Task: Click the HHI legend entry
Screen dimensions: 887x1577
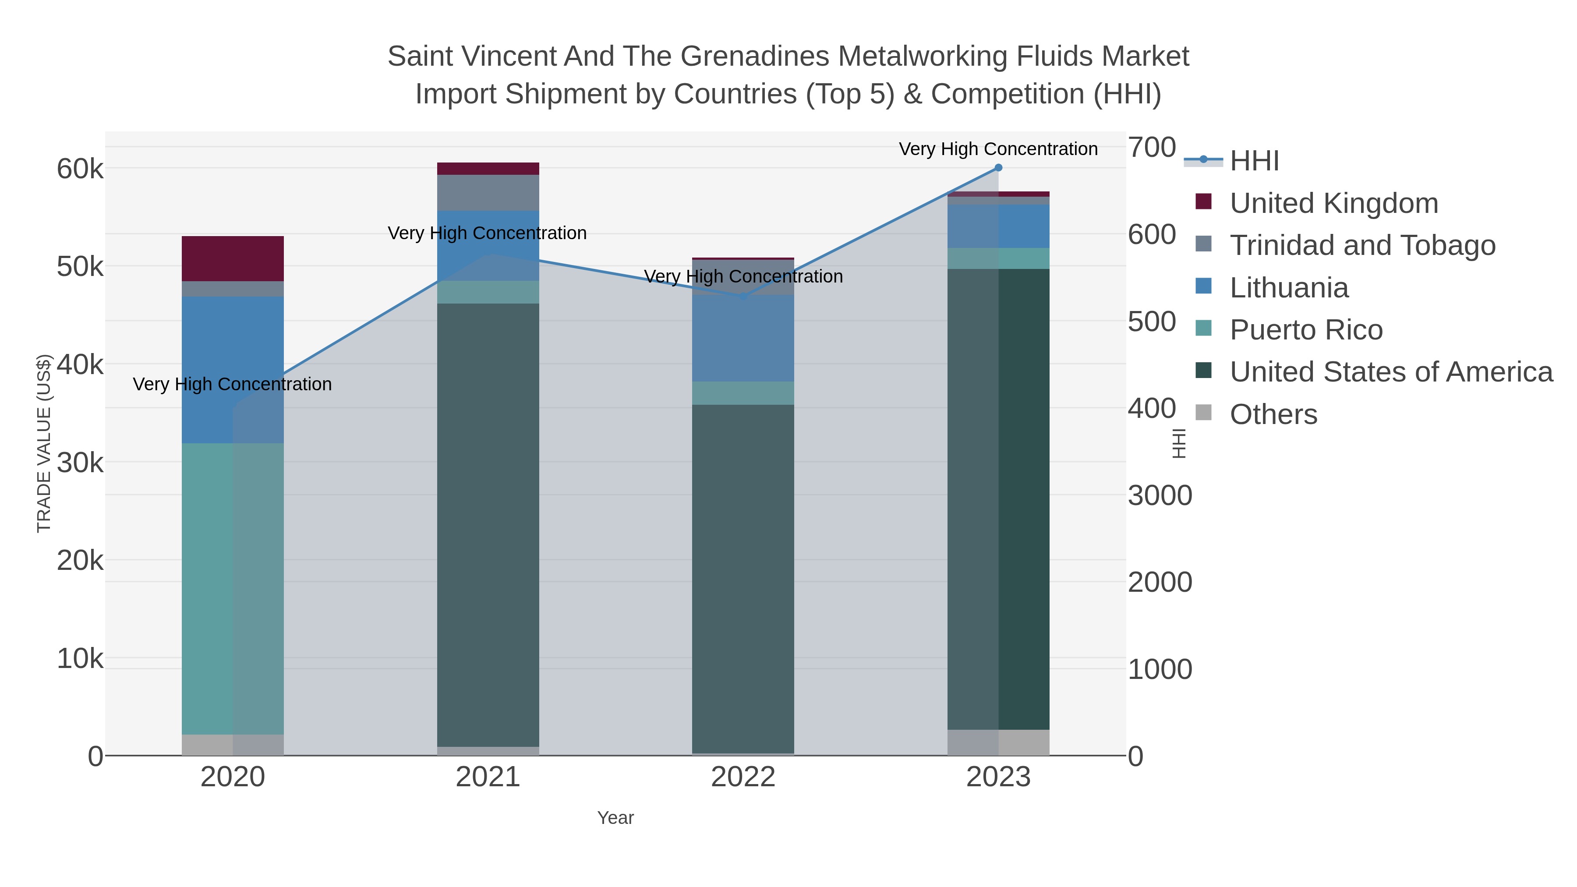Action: [1254, 161]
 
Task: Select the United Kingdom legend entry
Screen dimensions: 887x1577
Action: [1333, 203]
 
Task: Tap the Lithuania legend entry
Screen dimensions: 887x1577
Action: [1289, 288]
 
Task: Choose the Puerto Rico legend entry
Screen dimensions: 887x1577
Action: [1306, 330]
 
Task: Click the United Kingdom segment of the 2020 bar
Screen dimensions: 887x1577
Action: [233, 258]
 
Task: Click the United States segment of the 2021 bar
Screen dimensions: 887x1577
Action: [488, 525]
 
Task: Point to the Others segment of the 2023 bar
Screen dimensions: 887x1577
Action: [998, 742]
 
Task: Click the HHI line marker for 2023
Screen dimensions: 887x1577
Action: [998, 168]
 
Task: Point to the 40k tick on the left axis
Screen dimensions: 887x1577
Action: [80, 365]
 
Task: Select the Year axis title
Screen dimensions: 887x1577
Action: [615, 818]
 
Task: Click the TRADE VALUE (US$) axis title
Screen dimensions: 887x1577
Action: [44, 443]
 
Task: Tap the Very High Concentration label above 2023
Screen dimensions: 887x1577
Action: [998, 149]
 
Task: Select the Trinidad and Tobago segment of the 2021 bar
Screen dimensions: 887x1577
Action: [488, 193]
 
